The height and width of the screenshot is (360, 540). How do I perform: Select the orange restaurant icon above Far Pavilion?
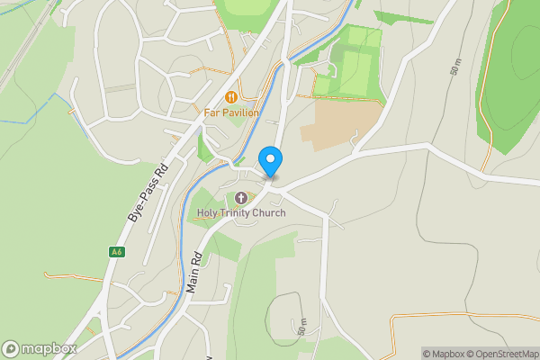231,96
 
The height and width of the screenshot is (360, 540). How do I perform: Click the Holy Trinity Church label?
241,213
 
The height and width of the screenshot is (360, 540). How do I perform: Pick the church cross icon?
241,198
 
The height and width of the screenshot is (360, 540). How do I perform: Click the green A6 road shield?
116,252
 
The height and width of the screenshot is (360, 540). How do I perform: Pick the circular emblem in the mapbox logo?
12,348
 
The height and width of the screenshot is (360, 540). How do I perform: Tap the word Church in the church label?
271,213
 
